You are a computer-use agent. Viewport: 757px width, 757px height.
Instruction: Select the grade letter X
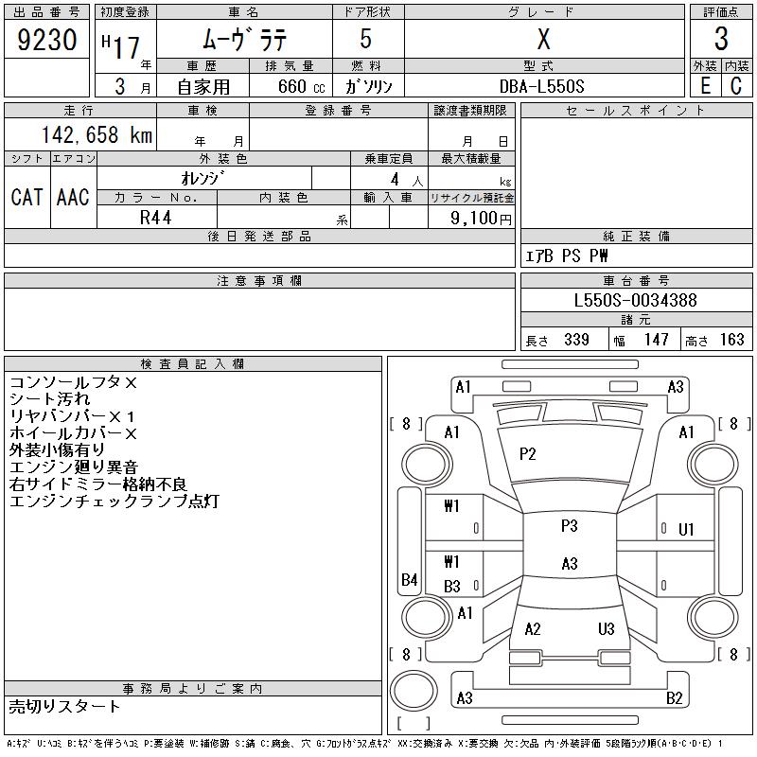click(x=543, y=40)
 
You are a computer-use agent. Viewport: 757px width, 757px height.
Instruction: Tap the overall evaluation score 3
click(x=721, y=40)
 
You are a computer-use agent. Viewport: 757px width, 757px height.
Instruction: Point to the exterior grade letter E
click(x=705, y=85)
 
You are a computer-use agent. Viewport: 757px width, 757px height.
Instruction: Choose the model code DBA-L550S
click(x=543, y=86)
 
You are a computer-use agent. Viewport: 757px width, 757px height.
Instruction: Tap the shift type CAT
click(x=26, y=197)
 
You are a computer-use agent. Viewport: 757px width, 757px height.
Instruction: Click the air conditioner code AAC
click(x=73, y=197)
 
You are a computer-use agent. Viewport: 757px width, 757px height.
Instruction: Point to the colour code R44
click(x=156, y=217)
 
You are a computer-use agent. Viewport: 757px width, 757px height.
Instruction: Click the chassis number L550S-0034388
click(x=636, y=300)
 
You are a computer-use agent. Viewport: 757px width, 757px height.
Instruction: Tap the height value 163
click(x=731, y=340)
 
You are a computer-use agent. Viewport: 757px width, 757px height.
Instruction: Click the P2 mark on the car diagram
click(x=528, y=454)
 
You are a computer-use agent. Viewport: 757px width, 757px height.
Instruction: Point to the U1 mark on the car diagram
click(x=687, y=529)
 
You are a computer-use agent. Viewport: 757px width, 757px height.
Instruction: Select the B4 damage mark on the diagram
click(x=410, y=579)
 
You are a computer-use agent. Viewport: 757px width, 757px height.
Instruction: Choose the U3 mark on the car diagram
click(x=607, y=629)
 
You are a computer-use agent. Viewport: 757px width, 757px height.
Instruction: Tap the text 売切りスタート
click(x=65, y=706)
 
